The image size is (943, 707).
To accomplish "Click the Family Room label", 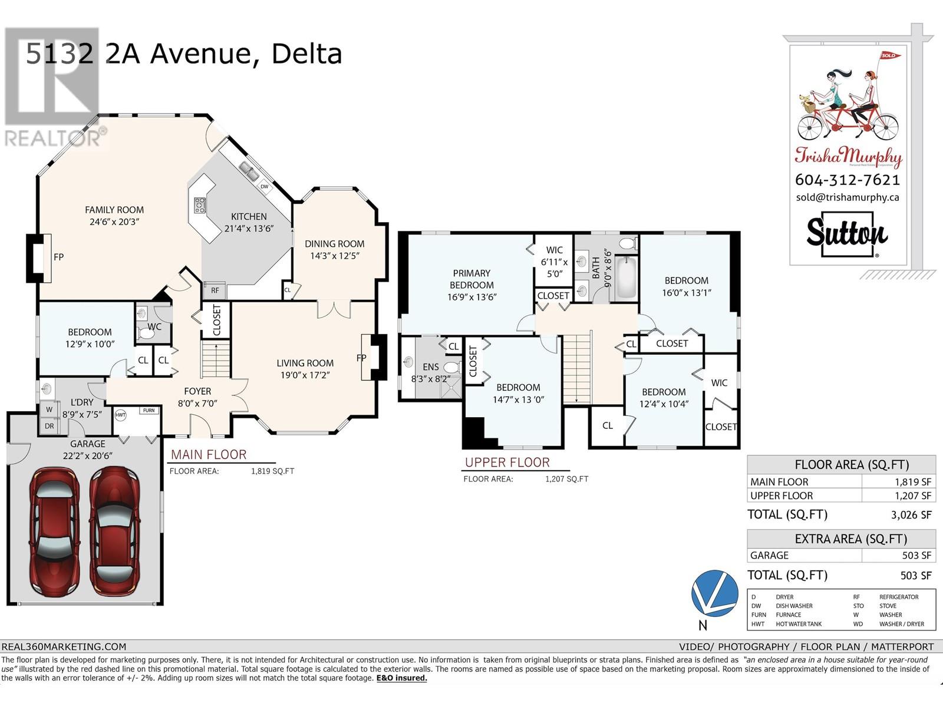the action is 114,210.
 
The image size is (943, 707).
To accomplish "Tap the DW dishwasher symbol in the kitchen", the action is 264,187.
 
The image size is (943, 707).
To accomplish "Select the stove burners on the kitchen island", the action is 200,205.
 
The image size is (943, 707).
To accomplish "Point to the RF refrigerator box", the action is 215,290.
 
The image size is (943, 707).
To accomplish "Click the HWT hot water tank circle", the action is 121,415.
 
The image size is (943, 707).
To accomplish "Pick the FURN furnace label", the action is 149,411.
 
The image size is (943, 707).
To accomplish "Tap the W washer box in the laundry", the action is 50,409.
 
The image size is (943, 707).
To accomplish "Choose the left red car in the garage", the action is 55,532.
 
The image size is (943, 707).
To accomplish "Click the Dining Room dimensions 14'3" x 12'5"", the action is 335,256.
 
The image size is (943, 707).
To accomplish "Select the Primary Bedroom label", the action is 471,279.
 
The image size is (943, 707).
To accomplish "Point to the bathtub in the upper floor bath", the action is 627,277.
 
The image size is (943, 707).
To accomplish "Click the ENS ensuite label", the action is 430,367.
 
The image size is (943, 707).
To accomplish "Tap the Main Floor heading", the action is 209,455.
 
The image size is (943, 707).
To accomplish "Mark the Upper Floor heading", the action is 507,462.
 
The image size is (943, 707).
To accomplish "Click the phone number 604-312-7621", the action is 848,180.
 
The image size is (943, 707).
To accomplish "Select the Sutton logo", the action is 847,234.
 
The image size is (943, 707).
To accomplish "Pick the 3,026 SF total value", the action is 911,515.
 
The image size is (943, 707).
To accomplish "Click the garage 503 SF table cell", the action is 899,556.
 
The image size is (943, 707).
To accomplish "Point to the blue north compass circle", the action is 714,594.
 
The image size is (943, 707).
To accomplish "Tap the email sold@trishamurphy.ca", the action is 848,197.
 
